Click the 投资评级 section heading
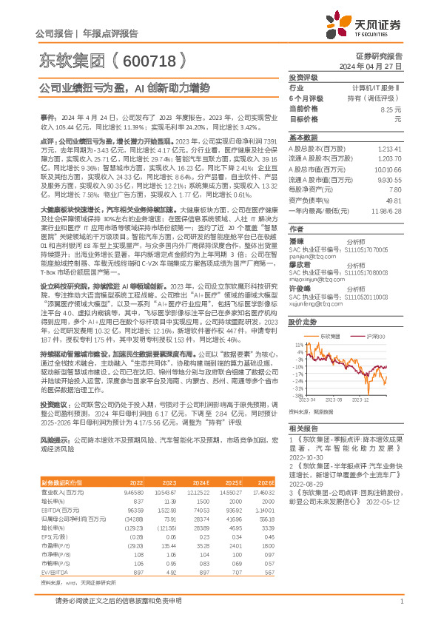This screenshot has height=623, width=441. tap(303, 77)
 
